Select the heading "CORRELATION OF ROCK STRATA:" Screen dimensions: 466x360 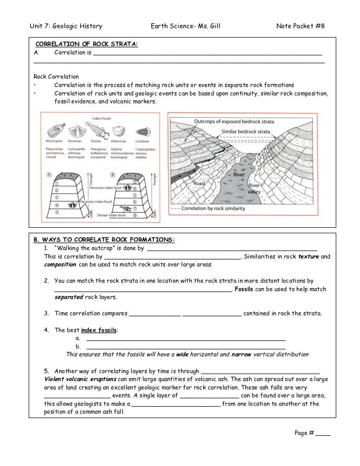click(86, 44)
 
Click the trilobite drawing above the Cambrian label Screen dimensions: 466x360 click(142, 131)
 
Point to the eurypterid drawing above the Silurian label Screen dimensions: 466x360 click(97, 131)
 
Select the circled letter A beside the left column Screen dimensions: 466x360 click(49, 174)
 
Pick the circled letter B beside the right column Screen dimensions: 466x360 click(113, 174)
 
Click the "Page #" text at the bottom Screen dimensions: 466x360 click(305, 432)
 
